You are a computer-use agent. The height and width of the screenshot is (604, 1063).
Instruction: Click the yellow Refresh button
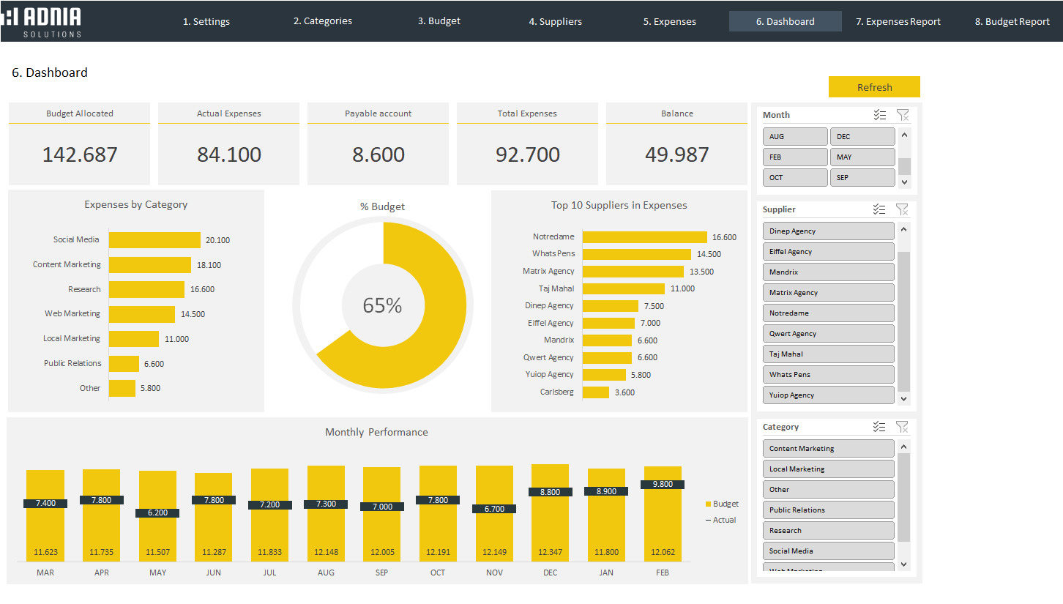874,87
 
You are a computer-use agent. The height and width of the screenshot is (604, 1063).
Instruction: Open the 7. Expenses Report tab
898,21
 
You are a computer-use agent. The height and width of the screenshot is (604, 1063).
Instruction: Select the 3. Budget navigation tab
439,21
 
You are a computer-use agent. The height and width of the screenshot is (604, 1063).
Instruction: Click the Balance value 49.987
676,154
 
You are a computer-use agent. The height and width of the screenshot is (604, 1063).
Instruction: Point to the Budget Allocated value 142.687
80,154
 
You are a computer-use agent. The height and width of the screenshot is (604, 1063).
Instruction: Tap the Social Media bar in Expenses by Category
154,240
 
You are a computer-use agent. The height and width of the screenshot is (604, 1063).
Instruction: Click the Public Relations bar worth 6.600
124,364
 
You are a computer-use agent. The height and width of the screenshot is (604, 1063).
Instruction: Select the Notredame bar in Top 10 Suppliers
644,237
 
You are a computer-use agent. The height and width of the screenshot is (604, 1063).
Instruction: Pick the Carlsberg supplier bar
596,392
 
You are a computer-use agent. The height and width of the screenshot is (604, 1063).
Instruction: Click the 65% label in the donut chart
382,305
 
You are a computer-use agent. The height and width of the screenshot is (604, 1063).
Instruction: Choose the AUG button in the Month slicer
795,137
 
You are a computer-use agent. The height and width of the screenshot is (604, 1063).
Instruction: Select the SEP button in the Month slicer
862,178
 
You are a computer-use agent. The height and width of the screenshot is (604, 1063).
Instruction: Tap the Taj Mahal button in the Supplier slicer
828,354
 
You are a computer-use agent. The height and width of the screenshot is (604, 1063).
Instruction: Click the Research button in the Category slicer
828,531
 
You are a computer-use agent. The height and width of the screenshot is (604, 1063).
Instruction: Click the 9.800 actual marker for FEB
663,485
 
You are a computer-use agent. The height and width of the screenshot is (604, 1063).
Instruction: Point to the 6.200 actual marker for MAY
157,513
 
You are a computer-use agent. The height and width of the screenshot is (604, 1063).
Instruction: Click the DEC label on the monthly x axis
550,573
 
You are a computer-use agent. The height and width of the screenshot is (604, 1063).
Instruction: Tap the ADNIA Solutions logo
42,21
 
